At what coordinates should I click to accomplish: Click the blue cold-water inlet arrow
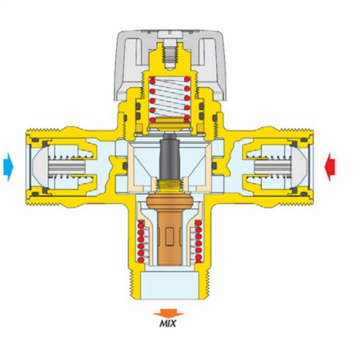pos(8,167)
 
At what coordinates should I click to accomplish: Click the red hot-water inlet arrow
pos(329,167)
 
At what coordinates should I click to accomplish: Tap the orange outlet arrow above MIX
pos(169,314)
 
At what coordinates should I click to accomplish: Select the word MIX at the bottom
pos(168,324)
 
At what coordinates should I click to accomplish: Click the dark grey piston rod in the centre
pos(169,158)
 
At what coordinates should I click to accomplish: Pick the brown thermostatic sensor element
pos(169,230)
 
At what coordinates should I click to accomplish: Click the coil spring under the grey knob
pos(169,98)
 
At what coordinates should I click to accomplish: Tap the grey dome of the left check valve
pos(40,167)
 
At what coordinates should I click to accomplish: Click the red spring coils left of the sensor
pos(140,241)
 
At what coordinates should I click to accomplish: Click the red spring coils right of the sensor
pos(199,241)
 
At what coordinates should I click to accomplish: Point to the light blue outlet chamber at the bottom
pos(169,285)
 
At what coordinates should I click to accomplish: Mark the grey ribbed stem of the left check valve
pos(67,167)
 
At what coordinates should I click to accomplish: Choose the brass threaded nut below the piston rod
pos(169,185)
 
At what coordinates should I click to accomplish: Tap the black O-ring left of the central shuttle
pos(125,166)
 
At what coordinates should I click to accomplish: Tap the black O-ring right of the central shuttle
pos(214,166)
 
